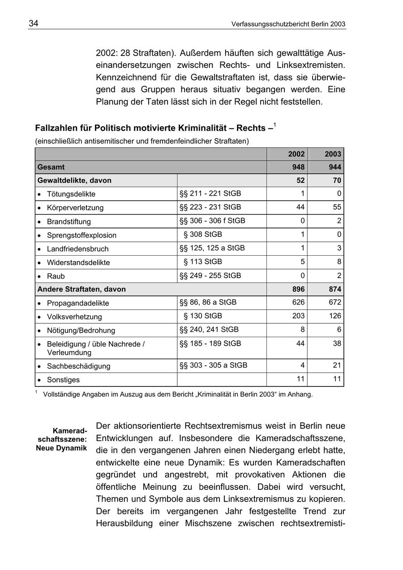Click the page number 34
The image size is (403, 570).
pos(34,24)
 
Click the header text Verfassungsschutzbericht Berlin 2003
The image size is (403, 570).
pos(288,24)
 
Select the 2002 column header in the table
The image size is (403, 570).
pos(296,154)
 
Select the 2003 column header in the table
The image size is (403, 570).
pos(333,154)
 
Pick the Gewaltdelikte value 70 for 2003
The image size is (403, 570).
pos(337,180)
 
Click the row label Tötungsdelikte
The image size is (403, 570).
pos(71,194)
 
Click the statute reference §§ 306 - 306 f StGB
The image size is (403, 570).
pos(212,221)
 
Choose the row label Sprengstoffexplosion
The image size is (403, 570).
pos(81,235)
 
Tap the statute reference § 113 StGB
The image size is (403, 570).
pos(203,261)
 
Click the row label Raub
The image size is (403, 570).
pos(56,276)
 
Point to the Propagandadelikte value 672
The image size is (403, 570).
pos(335,302)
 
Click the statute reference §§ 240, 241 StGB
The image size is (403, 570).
pos(209,330)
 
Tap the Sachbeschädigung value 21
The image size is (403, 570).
pos(337,365)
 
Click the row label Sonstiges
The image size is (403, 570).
pos(63,380)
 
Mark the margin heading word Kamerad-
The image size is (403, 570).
pos(69,431)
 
